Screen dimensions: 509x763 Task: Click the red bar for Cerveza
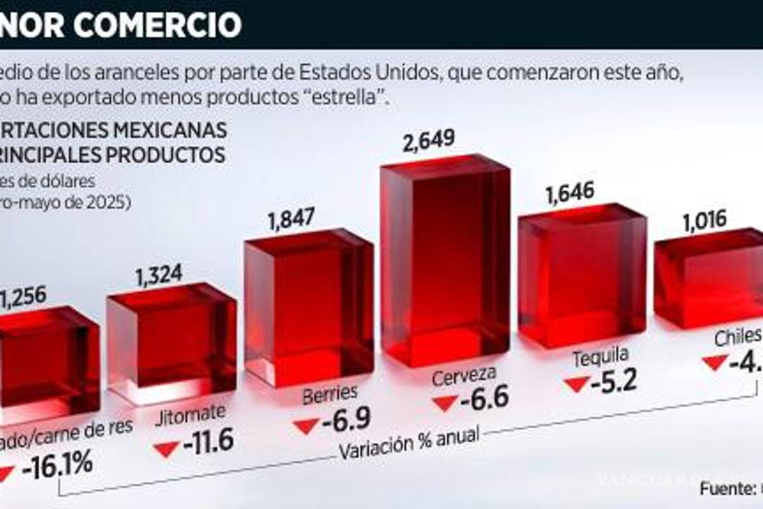[445, 261]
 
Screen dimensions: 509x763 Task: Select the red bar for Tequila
[582, 277]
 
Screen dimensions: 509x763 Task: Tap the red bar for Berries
[308, 309]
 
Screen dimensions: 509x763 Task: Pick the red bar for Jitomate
[172, 344]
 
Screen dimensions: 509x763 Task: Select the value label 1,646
[569, 190]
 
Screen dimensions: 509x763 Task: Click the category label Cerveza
[464, 377]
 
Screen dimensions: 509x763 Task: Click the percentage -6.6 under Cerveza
[484, 399]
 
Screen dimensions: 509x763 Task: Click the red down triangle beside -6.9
[306, 425]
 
